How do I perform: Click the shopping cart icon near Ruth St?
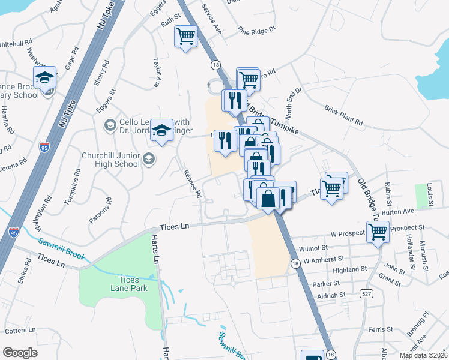[x=186, y=37]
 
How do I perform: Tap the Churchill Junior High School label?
[x=110, y=160]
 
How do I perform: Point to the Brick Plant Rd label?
[x=344, y=115]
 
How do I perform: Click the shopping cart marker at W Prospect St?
[x=378, y=231]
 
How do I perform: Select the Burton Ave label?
[x=397, y=212]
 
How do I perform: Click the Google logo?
[x=20, y=352]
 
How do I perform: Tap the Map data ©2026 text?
[x=423, y=355]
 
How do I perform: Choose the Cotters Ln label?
[x=20, y=331]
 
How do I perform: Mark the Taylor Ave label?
[x=158, y=73]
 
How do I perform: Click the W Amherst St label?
[x=324, y=261]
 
